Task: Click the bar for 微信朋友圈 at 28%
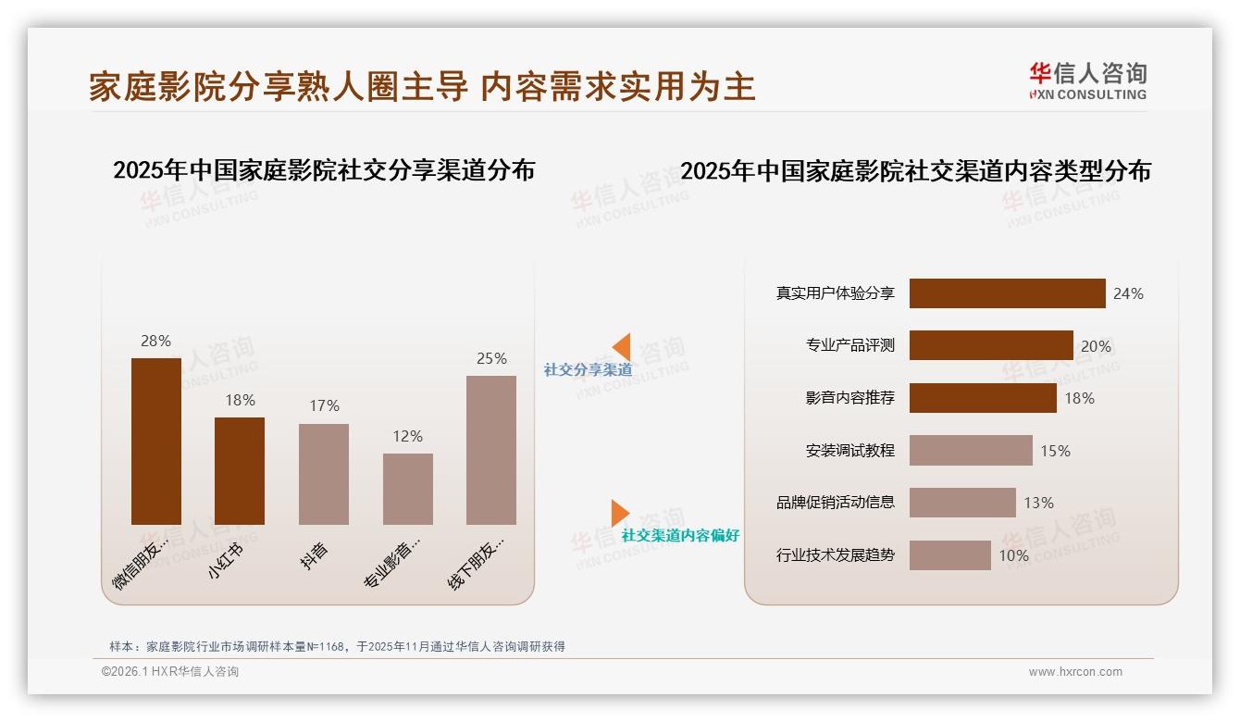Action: (x=156, y=442)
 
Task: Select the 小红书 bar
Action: (x=240, y=471)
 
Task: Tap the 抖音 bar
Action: (x=324, y=474)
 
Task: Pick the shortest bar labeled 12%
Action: (x=408, y=489)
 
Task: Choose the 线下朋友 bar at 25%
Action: (x=491, y=450)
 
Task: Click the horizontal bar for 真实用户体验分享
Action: (x=1007, y=293)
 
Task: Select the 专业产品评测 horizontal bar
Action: (x=991, y=345)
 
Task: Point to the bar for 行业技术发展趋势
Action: (x=949, y=555)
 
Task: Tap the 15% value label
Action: (x=1055, y=451)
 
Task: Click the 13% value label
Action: (x=1038, y=503)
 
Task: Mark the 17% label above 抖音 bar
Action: (x=324, y=405)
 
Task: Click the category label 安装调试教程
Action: (x=849, y=451)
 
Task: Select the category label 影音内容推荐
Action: (x=849, y=398)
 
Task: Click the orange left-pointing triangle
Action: (x=621, y=347)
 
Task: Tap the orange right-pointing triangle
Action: (x=619, y=513)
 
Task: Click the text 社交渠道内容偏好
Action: (x=680, y=535)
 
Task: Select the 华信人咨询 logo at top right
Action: (x=1087, y=81)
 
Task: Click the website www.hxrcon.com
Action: (x=1075, y=672)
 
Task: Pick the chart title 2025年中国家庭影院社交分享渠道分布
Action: (x=324, y=170)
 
